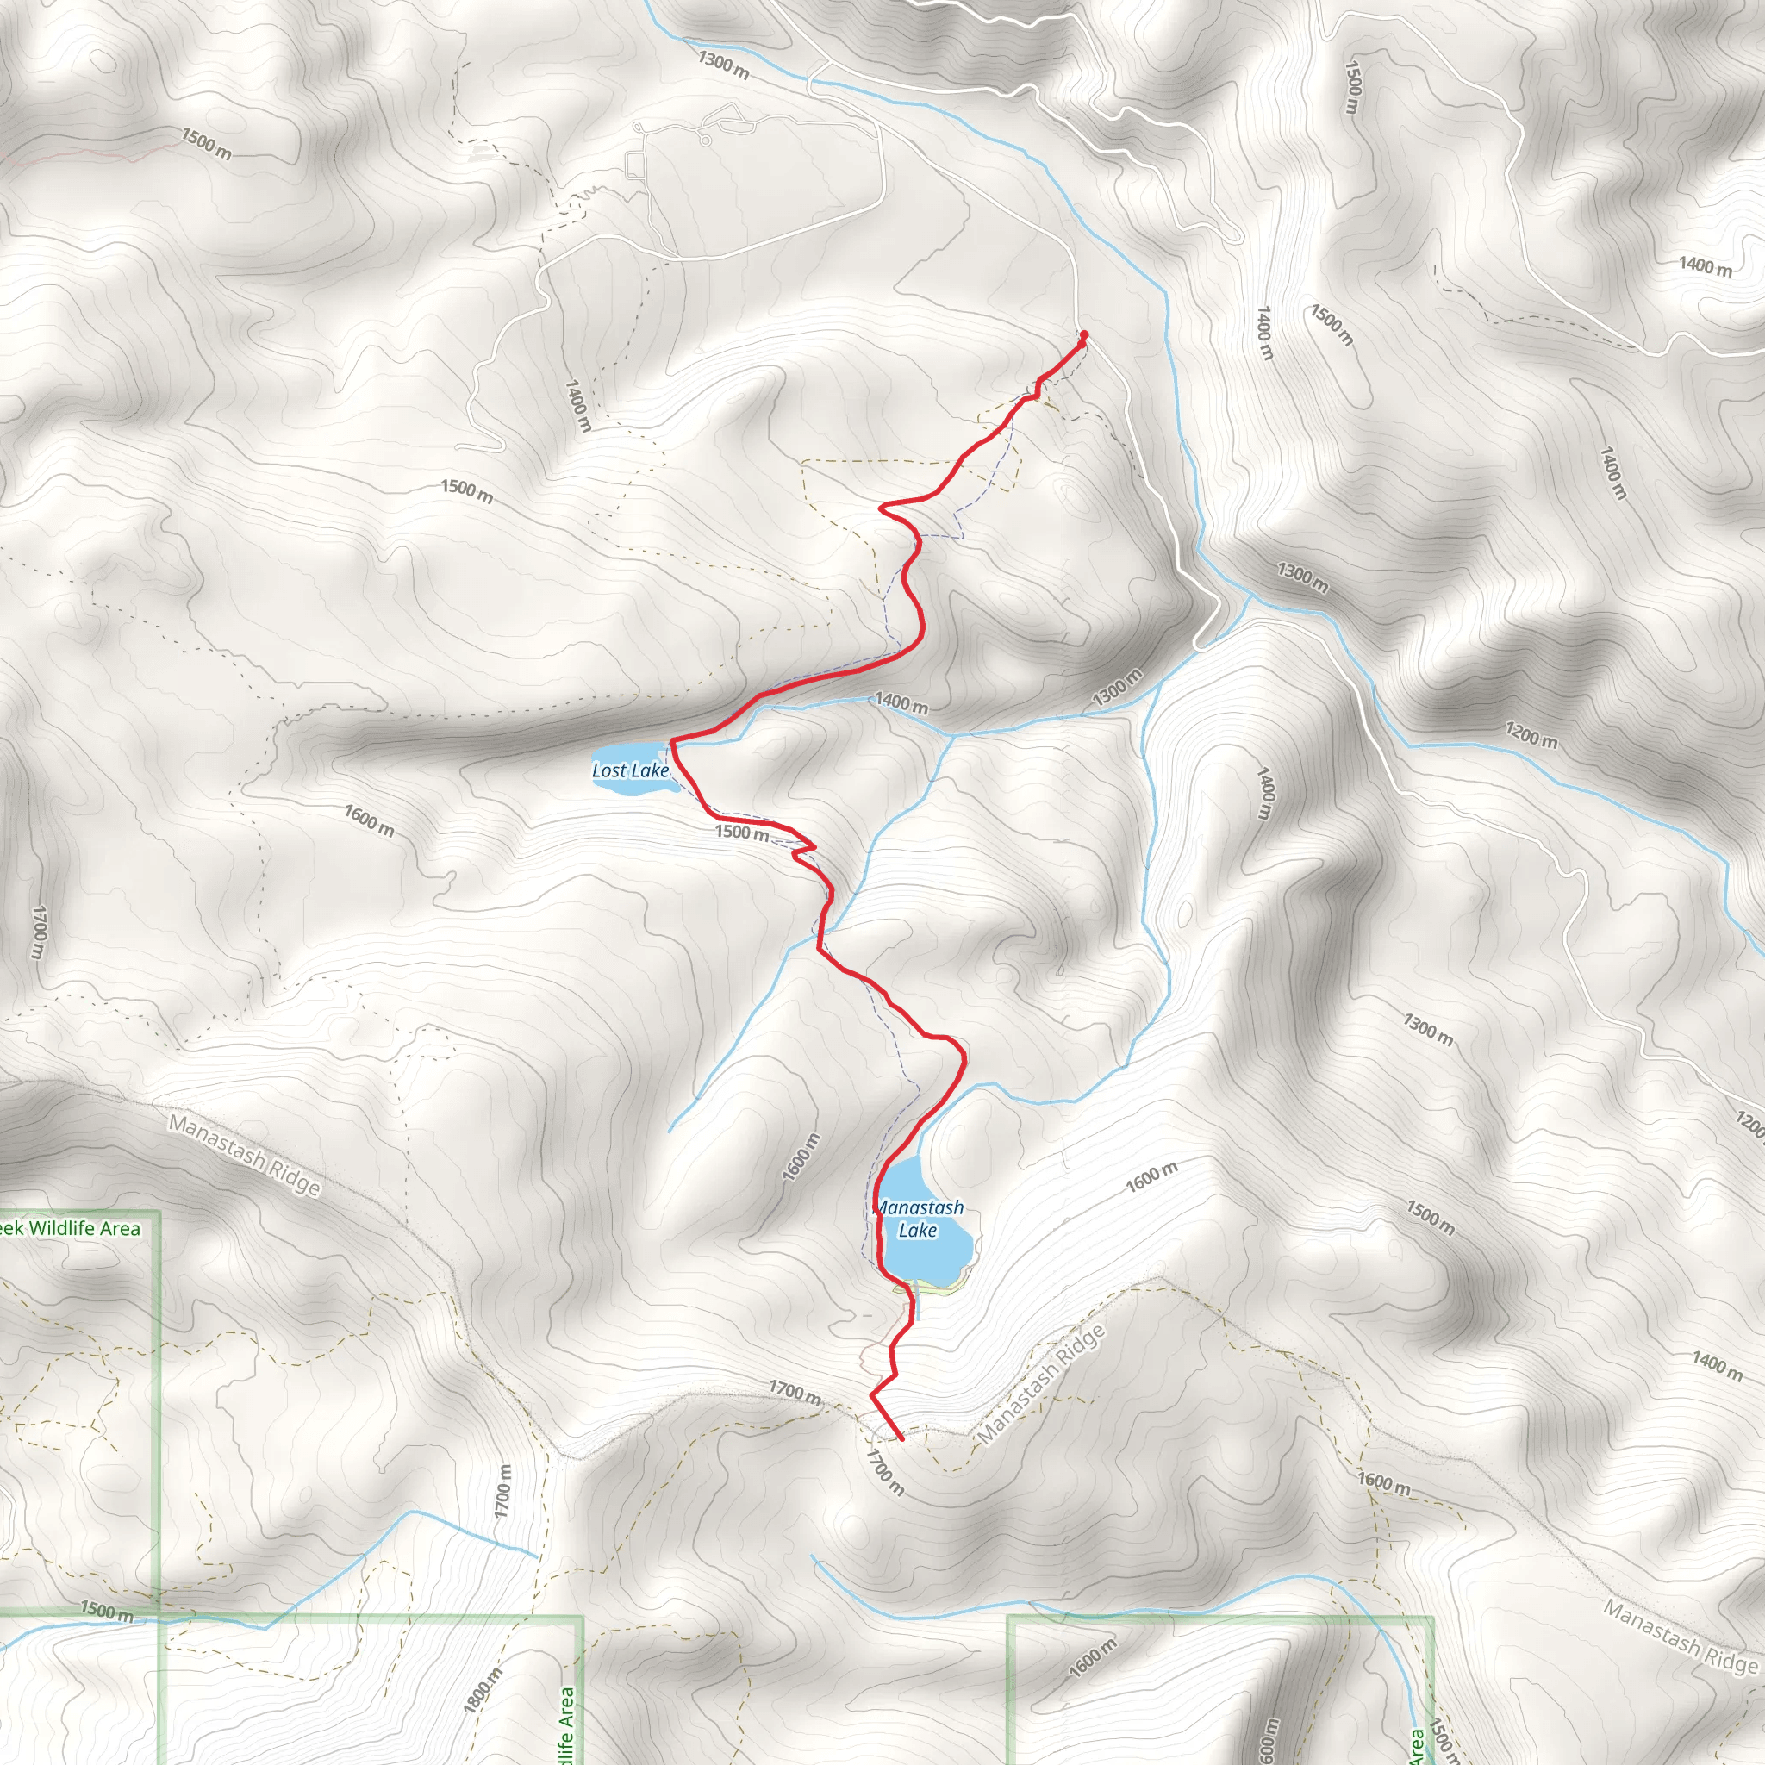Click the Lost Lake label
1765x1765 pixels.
point(630,770)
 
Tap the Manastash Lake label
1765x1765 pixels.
point(919,1219)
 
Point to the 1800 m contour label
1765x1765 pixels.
point(483,1690)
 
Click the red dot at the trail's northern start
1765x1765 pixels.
point(1083,334)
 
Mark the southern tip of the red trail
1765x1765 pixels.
point(901,1438)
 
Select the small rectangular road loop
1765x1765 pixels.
point(635,165)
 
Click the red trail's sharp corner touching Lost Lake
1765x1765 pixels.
point(672,742)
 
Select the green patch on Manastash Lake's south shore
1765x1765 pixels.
point(932,1287)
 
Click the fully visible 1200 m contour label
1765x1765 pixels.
point(1532,734)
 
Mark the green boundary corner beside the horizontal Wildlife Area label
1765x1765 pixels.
point(159,1213)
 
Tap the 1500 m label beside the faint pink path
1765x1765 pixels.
point(207,143)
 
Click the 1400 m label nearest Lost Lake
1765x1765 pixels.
point(901,702)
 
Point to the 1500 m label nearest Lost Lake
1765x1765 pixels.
point(742,832)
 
